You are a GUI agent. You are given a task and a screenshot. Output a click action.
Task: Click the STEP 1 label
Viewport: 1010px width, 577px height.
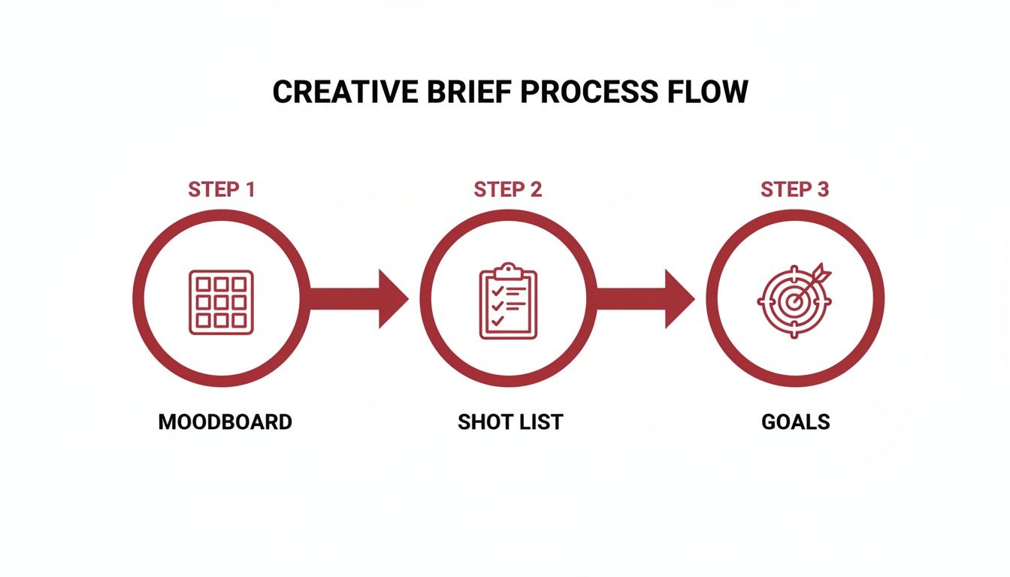pyautogui.click(x=222, y=189)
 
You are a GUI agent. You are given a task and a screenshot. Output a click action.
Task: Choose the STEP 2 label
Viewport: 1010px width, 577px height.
pyautogui.click(x=507, y=189)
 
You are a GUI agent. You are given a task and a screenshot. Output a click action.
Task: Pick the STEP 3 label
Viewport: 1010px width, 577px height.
pyautogui.click(x=794, y=189)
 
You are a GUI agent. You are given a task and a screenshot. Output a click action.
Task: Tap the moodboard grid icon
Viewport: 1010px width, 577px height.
pyautogui.click(x=221, y=302)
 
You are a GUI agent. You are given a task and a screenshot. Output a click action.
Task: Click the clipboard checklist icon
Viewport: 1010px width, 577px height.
pyautogui.click(x=508, y=302)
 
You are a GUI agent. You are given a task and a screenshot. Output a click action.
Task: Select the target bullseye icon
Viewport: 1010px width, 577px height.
pyautogui.click(x=792, y=301)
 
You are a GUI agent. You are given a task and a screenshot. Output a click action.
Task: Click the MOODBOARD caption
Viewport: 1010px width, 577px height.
pyautogui.click(x=225, y=422)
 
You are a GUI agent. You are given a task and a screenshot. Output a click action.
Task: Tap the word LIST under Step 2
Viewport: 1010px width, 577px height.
pyautogui.click(x=540, y=422)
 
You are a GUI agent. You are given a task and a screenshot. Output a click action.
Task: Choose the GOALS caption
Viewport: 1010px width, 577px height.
pyautogui.click(x=796, y=422)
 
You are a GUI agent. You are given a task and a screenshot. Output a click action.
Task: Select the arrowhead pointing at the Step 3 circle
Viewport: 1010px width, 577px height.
pyautogui.click(x=679, y=299)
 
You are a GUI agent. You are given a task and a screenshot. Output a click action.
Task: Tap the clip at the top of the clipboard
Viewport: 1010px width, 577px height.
pyautogui.click(x=509, y=269)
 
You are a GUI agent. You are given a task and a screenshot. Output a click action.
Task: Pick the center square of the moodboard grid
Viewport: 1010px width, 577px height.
pyautogui.click(x=221, y=302)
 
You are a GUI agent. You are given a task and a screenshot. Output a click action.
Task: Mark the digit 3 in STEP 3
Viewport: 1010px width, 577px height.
pyautogui.click(x=822, y=189)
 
